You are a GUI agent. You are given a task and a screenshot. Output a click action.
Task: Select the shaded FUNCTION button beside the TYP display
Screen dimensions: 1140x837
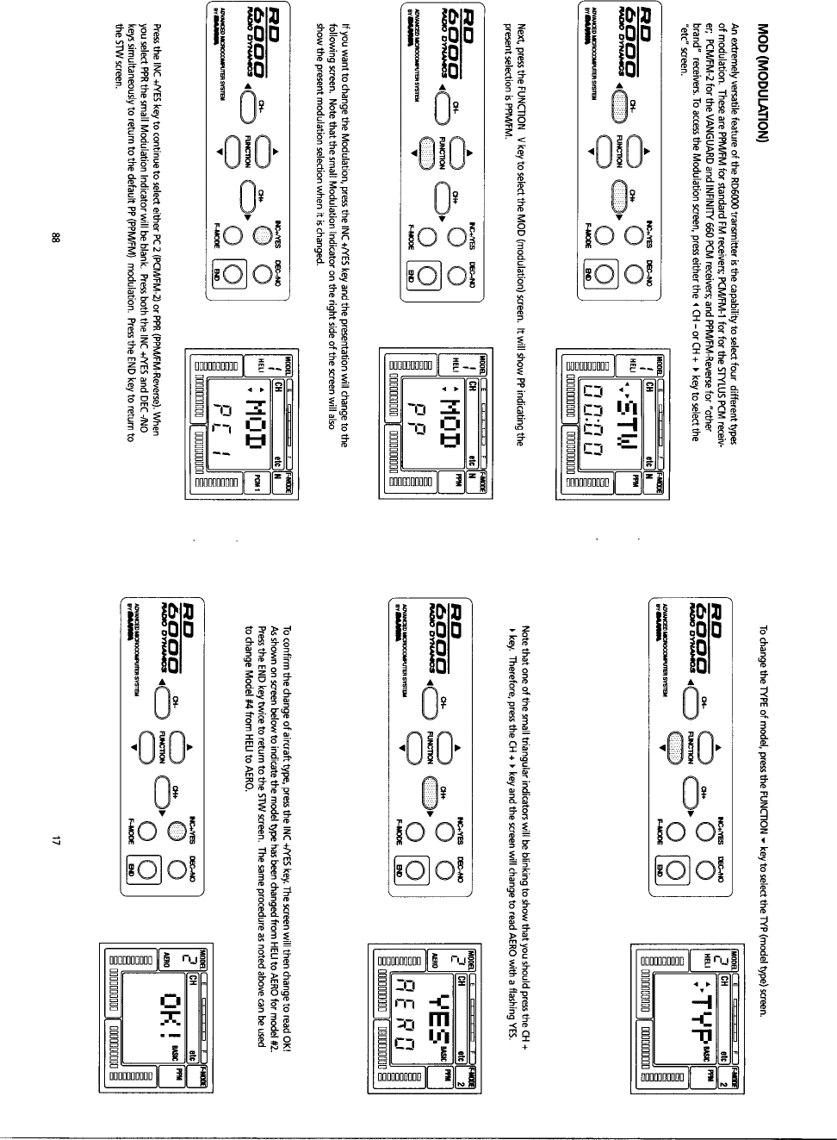click(674, 744)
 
